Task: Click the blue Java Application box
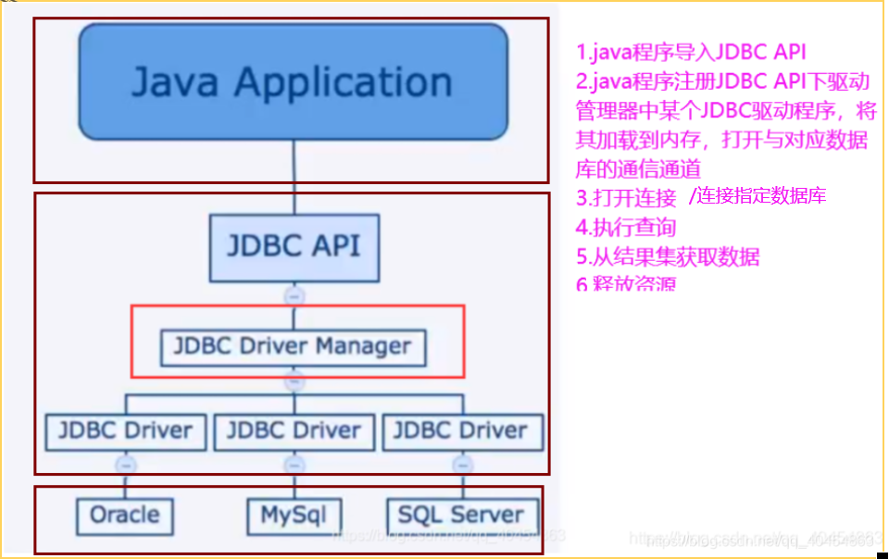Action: pyautogui.click(x=294, y=81)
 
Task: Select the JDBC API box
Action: pyautogui.click(x=294, y=247)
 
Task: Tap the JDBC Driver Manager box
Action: pyautogui.click(x=294, y=347)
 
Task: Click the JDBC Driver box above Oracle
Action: pyautogui.click(x=125, y=431)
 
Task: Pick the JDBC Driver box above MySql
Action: pyautogui.click(x=294, y=431)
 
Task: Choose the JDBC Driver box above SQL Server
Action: pyautogui.click(x=461, y=431)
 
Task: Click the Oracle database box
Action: pyautogui.click(x=125, y=515)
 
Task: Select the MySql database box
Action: pyautogui.click(x=294, y=515)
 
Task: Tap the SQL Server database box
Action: pyautogui.click(x=461, y=515)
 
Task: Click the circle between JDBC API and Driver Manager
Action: pyautogui.click(x=294, y=296)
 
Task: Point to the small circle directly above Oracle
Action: pyautogui.click(x=126, y=464)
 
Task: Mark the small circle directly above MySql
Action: pyautogui.click(x=294, y=464)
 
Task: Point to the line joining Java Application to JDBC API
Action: pyautogui.click(x=294, y=176)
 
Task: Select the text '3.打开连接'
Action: pyautogui.click(x=626, y=197)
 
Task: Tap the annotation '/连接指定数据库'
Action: pyautogui.click(x=757, y=196)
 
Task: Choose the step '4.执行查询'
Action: pyautogui.click(x=626, y=227)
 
